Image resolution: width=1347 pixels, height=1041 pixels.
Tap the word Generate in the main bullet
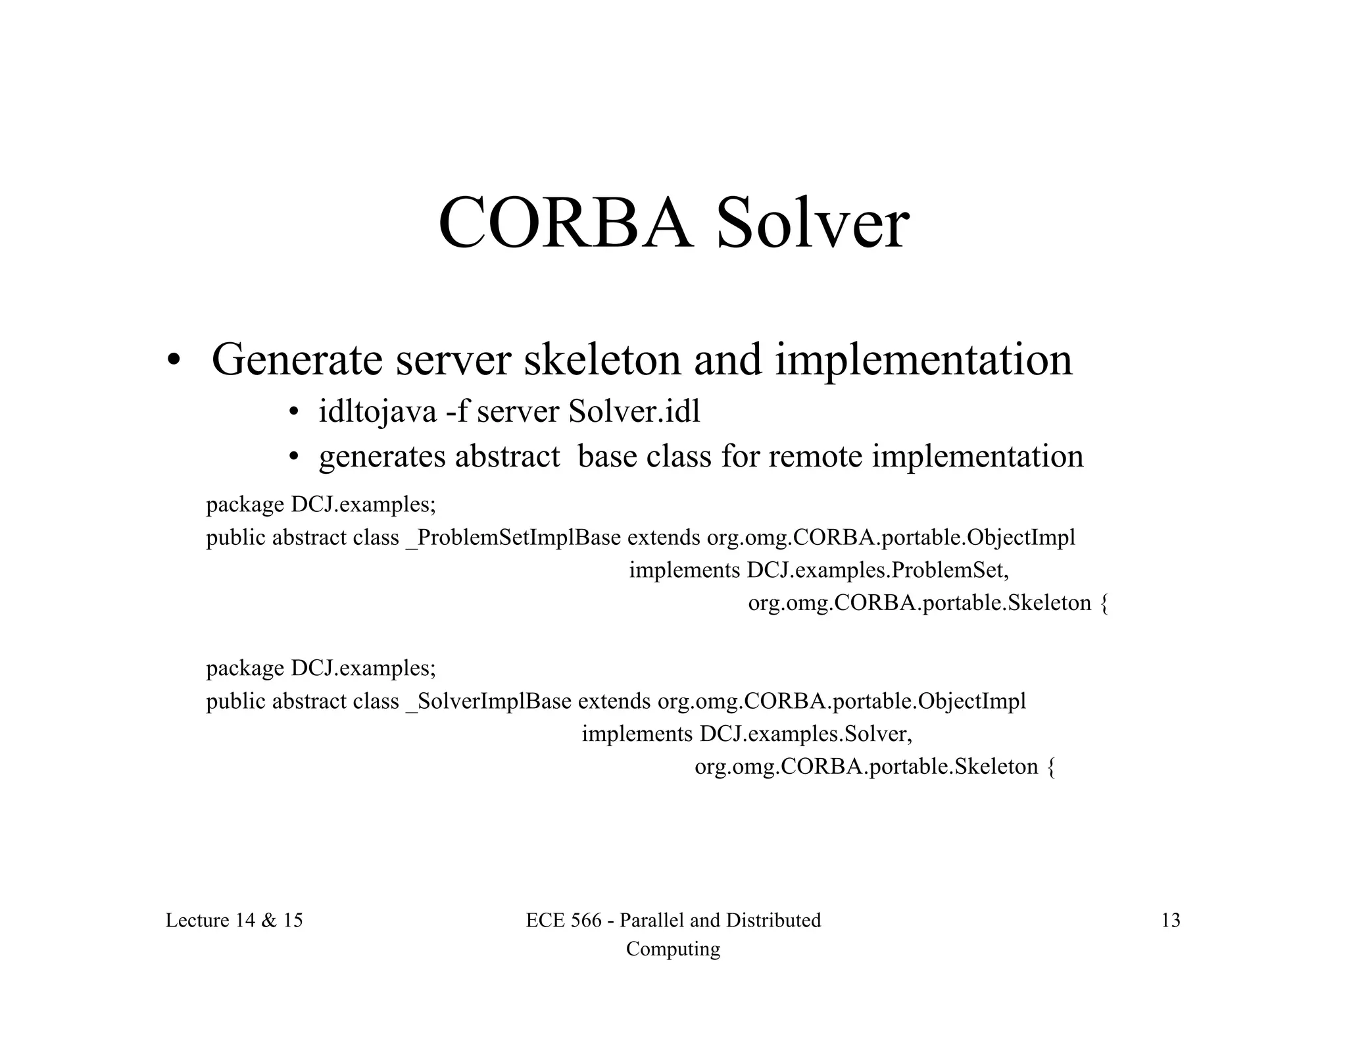[x=297, y=361]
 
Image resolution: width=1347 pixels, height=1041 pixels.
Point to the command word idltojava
[x=378, y=413]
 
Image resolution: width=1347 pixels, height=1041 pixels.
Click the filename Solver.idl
[x=634, y=413]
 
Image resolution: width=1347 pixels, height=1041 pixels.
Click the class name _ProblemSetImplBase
[x=513, y=538]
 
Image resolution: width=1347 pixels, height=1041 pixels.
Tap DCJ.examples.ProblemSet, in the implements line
[x=877, y=571]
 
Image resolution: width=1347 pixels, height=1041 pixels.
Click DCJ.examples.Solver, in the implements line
[x=806, y=734]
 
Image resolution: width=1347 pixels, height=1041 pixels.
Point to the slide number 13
[x=1171, y=920]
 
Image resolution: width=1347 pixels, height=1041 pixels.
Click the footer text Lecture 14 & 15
[x=234, y=920]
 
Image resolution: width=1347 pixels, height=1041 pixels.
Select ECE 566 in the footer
[x=564, y=920]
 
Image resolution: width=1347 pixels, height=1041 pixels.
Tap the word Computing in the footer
[x=673, y=949]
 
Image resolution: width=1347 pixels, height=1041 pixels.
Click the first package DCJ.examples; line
[x=321, y=505]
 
